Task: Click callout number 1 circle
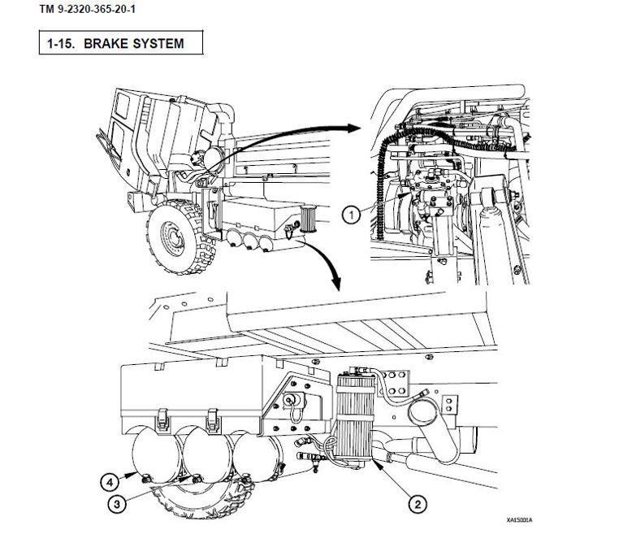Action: (351, 215)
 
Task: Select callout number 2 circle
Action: (418, 504)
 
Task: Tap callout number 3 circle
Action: (119, 504)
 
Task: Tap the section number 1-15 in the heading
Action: (63, 43)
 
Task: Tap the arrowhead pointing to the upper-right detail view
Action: (353, 128)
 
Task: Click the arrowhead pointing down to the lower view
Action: (335, 287)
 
